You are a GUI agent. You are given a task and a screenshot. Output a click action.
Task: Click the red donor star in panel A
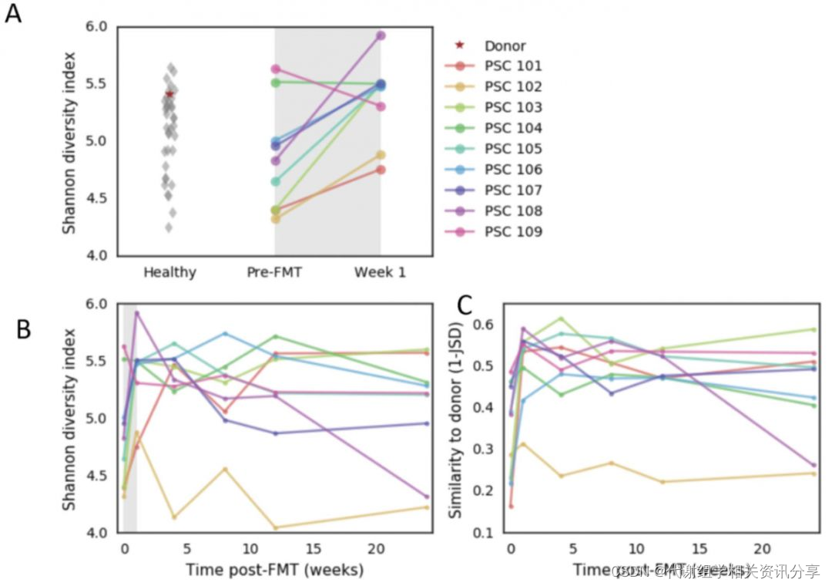tap(169, 94)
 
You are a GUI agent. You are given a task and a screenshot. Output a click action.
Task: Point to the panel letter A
tap(13, 15)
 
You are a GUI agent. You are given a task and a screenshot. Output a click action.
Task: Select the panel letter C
tap(465, 306)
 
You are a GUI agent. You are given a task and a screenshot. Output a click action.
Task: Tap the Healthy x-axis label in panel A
tap(169, 272)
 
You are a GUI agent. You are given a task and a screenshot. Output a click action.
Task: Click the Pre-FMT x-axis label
tap(275, 272)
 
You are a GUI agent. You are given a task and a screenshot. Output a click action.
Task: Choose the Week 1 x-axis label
tap(380, 272)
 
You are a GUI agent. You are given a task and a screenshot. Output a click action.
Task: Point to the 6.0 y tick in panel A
tap(99, 27)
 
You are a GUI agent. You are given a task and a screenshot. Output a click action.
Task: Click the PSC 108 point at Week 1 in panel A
tap(381, 35)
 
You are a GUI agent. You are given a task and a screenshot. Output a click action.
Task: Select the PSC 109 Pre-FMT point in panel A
tap(276, 69)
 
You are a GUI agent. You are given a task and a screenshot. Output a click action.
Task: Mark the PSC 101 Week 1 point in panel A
tap(381, 170)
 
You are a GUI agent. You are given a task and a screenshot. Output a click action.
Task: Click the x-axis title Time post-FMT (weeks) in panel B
tap(274, 570)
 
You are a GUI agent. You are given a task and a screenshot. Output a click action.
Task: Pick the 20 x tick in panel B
tap(376, 548)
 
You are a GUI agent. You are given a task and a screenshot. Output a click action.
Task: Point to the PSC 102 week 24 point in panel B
tap(427, 507)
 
